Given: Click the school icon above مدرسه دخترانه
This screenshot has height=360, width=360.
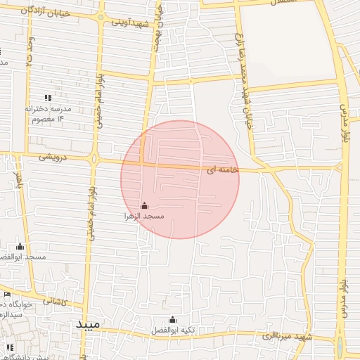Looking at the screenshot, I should point(48,98).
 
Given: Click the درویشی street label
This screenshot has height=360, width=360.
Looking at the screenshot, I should point(53,158).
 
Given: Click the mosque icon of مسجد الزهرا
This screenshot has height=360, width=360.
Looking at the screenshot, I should point(144,205).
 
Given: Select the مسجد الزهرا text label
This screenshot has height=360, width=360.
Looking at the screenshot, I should point(144,216).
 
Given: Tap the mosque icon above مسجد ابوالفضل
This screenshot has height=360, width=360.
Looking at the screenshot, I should point(20,247).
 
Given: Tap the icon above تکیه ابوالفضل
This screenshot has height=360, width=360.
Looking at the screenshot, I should point(172,319).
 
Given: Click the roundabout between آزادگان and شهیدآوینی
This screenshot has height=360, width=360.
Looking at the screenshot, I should point(101,18).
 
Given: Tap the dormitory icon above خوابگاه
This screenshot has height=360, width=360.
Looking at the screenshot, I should point(7,295).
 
